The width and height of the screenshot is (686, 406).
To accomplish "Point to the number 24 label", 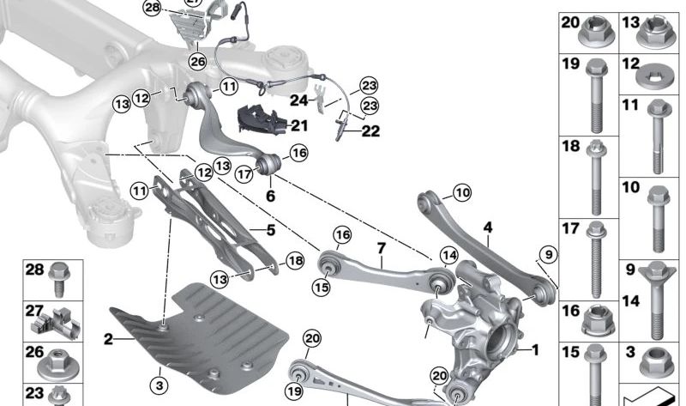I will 298,99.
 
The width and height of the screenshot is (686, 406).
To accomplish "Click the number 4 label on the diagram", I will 488,227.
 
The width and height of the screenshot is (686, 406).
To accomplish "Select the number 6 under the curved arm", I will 270,196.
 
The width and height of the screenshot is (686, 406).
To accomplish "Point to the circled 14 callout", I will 449,254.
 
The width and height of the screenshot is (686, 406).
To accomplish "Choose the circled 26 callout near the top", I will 198,62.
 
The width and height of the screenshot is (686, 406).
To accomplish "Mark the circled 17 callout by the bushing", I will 244,173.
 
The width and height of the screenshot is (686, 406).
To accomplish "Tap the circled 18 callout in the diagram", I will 294,261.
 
